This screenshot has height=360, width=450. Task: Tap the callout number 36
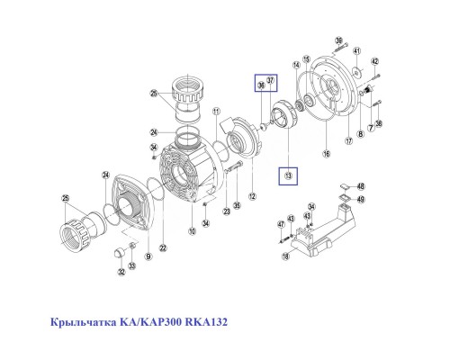262,86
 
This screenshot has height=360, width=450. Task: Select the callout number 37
271,81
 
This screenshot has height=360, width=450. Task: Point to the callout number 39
339,41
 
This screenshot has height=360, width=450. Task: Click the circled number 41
357,50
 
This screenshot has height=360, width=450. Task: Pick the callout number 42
375,61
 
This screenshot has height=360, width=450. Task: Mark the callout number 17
349,141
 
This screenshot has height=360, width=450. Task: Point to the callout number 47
280,223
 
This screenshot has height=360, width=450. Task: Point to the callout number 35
236,205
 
